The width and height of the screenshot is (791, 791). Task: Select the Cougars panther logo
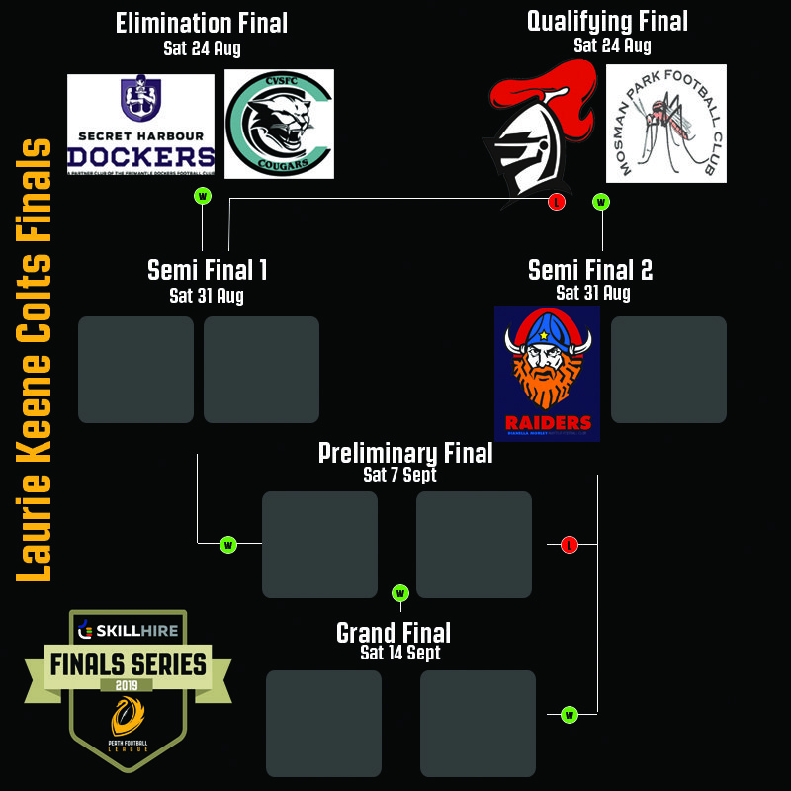point(279,124)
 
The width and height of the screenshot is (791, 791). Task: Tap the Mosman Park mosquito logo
point(665,124)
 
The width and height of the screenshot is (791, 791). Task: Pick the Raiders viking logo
point(547,373)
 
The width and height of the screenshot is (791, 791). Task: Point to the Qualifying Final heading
point(607,21)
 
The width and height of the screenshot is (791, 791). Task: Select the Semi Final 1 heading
point(208,270)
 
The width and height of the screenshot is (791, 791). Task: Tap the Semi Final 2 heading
point(590,270)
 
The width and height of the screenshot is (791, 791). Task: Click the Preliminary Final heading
point(405,453)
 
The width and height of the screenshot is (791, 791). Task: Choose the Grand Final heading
point(394,633)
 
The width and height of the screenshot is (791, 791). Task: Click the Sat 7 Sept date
point(399,475)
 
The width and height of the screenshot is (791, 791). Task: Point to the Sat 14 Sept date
point(400,653)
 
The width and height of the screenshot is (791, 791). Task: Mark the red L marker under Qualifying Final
point(557,202)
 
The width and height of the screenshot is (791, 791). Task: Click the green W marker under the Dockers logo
point(203,196)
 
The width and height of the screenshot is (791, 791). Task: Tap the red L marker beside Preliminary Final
point(569,544)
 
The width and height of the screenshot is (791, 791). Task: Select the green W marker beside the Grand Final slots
point(570,714)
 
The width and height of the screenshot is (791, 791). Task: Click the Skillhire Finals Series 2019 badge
point(128,687)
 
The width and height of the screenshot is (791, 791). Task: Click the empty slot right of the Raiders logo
point(668,370)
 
